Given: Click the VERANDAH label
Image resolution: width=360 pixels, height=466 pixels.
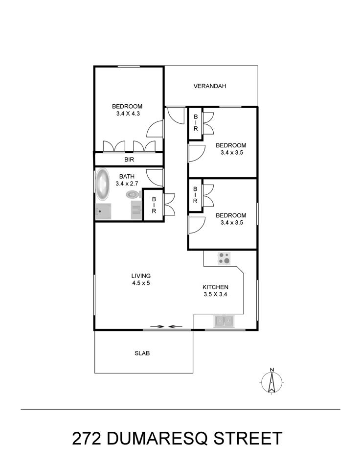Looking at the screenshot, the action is pos(210,86).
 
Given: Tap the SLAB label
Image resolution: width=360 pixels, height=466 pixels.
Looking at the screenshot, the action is pos(142,353).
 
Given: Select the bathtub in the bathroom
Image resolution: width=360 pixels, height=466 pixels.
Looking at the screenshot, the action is pos(102,184).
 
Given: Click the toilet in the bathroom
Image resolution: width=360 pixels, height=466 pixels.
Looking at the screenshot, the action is pos(134,195).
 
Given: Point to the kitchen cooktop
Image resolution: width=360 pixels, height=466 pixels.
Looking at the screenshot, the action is pos(224,258).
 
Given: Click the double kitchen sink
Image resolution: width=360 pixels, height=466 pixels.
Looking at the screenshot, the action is pos(224,321).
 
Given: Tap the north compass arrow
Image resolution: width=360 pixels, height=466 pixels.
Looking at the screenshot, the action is pos(271,381).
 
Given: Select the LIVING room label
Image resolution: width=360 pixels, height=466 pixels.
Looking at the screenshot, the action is pos(141,276).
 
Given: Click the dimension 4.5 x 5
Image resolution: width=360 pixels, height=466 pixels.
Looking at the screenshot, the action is pos(141,283).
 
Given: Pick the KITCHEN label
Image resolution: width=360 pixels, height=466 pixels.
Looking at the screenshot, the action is pos(215,287).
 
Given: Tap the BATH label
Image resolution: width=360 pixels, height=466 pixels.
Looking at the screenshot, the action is pos(127,177).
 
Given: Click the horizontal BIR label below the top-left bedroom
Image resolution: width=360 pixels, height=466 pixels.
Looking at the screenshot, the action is pos(129,160).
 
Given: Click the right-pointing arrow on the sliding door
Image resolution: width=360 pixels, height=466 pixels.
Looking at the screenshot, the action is pos(157,326).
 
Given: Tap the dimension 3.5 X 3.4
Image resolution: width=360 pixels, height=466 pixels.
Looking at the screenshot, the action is pos(215,295).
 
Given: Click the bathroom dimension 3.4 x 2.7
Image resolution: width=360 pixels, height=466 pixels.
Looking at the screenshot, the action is pos(127,184).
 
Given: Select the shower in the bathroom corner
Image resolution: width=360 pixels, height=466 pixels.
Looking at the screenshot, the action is pos(103,211).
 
